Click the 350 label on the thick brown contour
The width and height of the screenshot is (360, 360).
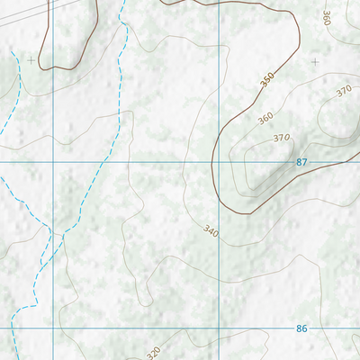click(267, 81)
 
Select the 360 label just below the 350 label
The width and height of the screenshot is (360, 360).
click(265, 118)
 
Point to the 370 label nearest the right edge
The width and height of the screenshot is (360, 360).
click(343, 91)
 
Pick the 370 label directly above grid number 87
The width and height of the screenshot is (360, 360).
click(282, 138)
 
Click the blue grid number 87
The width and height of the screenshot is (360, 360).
click(301, 161)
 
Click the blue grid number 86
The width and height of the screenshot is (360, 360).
click(301, 328)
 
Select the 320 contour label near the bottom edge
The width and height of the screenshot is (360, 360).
click(154, 352)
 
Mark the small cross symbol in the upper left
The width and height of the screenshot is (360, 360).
click(31, 60)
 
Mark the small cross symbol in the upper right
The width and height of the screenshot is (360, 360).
click(315, 61)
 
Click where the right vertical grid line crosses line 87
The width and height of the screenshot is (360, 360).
click(220, 162)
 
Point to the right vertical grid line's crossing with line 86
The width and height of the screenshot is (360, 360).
click(220, 328)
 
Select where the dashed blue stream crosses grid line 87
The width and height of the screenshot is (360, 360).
click(105, 162)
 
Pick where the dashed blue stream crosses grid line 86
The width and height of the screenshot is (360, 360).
click(13, 328)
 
